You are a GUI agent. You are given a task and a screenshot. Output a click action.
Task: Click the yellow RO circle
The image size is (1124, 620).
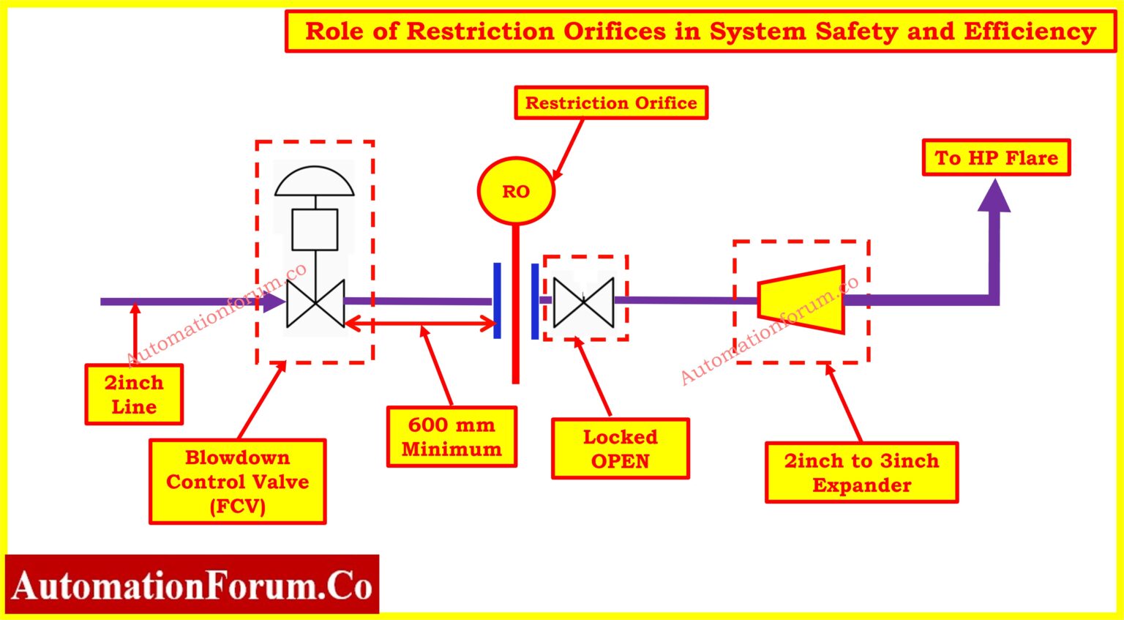pyautogui.click(x=515, y=191)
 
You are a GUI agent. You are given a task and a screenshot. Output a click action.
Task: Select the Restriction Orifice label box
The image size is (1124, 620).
pyautogui.click(x=611, y=102)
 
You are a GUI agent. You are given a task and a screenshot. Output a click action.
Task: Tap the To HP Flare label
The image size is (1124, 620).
pyautogui.click(x=996, y=157)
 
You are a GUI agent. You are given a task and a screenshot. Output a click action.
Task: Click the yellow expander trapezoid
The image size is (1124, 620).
pyautogui.click(x=802, y=300)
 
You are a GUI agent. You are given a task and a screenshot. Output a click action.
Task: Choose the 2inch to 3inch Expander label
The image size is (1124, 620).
pyautogui.click(x=861, y=473)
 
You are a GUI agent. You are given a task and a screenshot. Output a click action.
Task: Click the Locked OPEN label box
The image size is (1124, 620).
pyautogui.click(x=620, y=449)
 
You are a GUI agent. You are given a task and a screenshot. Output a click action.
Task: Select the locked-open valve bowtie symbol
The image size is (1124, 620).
pyautogui.click(x=583, y=302)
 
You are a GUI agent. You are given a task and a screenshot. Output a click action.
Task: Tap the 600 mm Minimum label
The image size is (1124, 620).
pyautogui.click(x=452, y=437)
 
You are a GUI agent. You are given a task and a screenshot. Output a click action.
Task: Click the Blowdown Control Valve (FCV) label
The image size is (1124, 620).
pyautogui.click(x=237, y=482)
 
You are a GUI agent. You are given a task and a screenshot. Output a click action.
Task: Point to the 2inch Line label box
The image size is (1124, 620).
pyautogui.click(x=134, y=395)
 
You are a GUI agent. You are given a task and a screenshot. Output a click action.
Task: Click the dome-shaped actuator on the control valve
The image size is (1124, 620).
pyautogui.click(x=315, y=182)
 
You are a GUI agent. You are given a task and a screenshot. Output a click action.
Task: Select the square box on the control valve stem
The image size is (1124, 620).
pyautogui.click(x=315, y=230)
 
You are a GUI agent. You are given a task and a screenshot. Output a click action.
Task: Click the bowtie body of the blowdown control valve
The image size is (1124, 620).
pyautogui.click(x=315, y=303)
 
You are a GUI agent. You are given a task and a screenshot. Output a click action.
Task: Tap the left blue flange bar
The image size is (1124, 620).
pyautogui.click(x=497, y=301)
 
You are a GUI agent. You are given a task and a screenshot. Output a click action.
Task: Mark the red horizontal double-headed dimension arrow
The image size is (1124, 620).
pyautogui.click(x=420, y=323)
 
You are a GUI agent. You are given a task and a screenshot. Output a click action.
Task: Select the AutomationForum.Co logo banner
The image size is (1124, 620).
pyautogui.click(x=192, y=586)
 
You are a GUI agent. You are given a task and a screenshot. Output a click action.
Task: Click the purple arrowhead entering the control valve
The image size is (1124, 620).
pyautogui.click(x=275, y=301)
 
